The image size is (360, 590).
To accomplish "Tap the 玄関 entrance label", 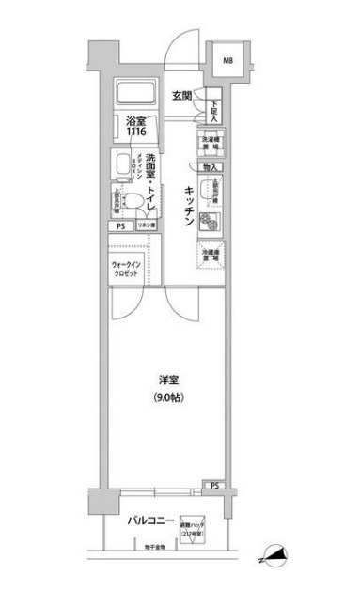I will (182, 95).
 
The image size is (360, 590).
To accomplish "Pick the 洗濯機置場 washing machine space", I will (210, 143).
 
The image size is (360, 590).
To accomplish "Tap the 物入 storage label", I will (210, 166).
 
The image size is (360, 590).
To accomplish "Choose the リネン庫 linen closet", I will (146, 226).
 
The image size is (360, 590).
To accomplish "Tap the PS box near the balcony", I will (214, 486).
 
